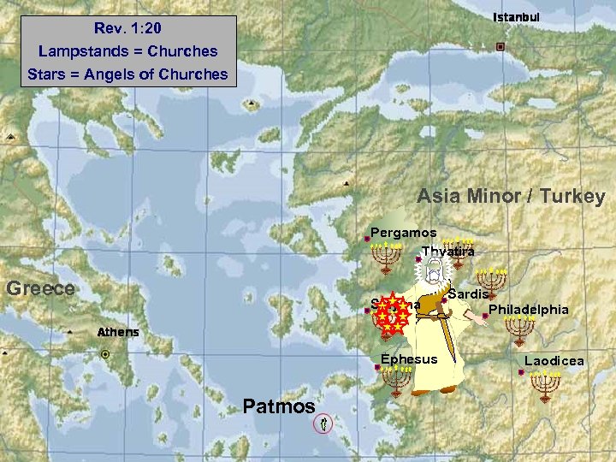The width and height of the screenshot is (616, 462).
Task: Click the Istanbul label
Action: click(517, 18)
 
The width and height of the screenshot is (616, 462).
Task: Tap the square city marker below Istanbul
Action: click(500, 46)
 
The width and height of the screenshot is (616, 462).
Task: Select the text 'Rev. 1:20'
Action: click(127, 28)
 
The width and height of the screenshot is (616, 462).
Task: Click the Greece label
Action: click(40, 288)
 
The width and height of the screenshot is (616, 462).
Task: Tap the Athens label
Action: click(118, 332)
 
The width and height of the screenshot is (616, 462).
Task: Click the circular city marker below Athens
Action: click(105, 354)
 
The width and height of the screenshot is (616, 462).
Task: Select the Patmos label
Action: click(279, 406)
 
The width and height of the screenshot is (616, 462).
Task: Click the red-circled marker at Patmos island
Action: click(323, 423)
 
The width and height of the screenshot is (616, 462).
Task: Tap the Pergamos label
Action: click(403, 233)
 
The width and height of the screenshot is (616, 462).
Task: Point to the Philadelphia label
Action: click(528, 309)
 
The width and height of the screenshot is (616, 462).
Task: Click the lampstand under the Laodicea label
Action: click(545, 386)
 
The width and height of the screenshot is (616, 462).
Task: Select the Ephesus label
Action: click(409, 359)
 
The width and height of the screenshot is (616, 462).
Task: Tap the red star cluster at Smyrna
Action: click(391, 313)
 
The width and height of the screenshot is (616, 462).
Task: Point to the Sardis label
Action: click(468, 294)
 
